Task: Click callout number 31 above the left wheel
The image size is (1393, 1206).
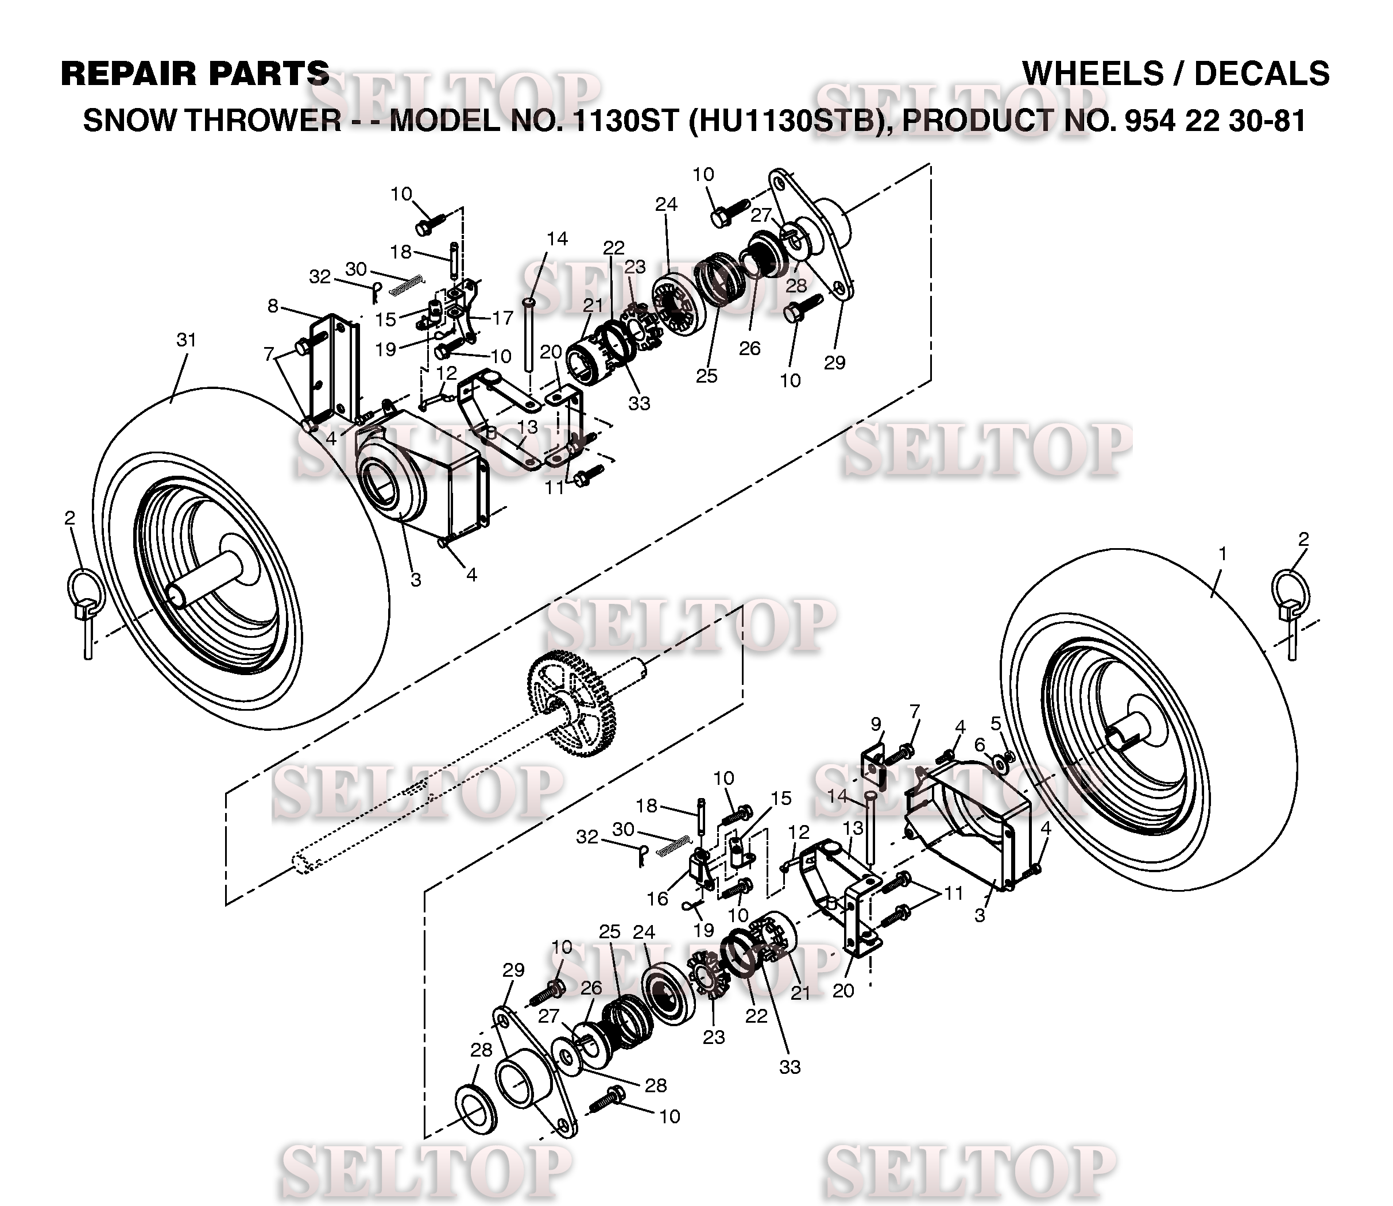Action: click(x=186, y=341)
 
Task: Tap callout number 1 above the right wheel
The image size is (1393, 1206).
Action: click(x=1222, y=553)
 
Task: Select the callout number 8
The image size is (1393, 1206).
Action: click(x=272, y=306)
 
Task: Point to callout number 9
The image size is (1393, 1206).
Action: click(x=875, y=724)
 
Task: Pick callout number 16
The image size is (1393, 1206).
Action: click(x=658, y=899)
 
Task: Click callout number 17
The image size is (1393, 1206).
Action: click(x=502, y=318)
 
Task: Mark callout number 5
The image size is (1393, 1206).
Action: click(x=996, y=723)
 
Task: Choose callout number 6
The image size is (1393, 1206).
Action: click(x=980, y=746)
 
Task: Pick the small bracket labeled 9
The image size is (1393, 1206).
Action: click(x=875, y=766)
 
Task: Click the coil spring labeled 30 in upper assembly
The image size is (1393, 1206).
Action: click(x=407, y=284)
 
